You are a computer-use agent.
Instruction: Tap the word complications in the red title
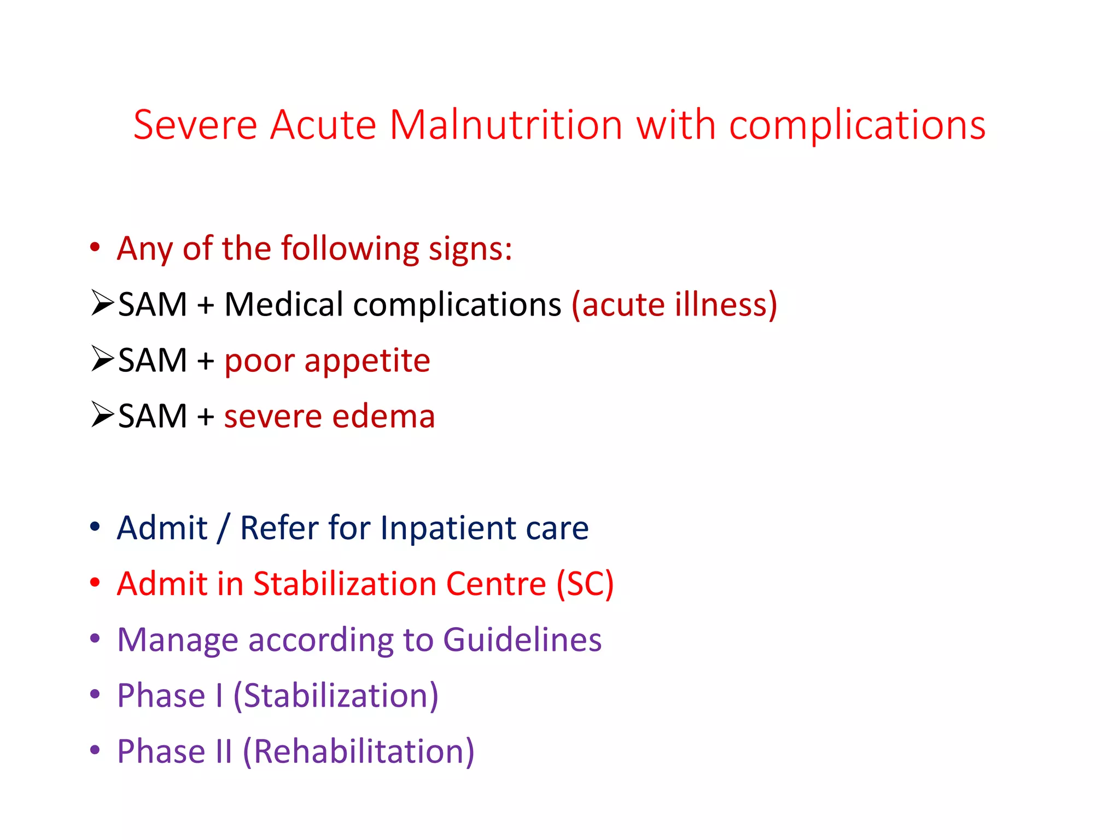(857, 125)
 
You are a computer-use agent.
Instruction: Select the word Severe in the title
(195, 125)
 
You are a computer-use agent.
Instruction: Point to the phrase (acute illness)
(674, 305)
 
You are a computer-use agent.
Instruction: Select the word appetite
(367, 361)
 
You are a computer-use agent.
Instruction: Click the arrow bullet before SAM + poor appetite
(102, 359)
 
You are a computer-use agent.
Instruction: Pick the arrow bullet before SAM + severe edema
(102, 415)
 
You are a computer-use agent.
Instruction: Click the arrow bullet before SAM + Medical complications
(102, 302)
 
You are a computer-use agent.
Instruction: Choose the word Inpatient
(448, 528)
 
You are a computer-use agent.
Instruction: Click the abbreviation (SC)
(585, 584)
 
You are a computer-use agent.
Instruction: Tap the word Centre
(496, 584)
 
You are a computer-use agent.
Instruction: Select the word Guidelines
(522, 640)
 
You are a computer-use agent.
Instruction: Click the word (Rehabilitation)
(358, 751)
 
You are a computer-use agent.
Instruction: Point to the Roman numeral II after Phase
(223, 751)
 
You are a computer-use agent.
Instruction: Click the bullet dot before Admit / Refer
(95, 527)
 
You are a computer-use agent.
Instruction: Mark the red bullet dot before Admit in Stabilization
(95, 583)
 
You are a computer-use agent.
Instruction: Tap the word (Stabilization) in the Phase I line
(336, 696)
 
